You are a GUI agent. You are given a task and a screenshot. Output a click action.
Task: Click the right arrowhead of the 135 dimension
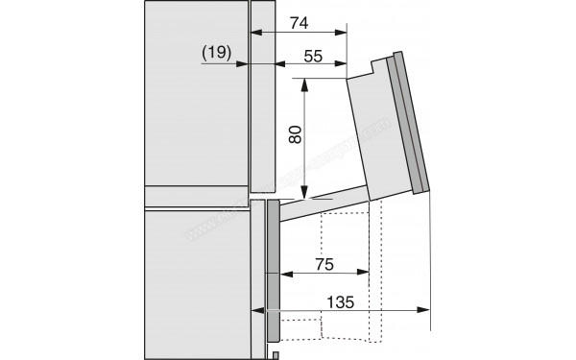425,310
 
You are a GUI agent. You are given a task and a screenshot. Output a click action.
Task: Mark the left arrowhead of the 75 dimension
281,273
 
